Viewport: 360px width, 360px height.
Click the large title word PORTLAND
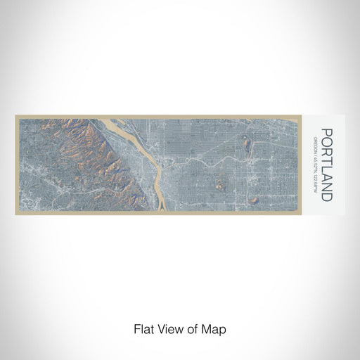coord(326,165)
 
